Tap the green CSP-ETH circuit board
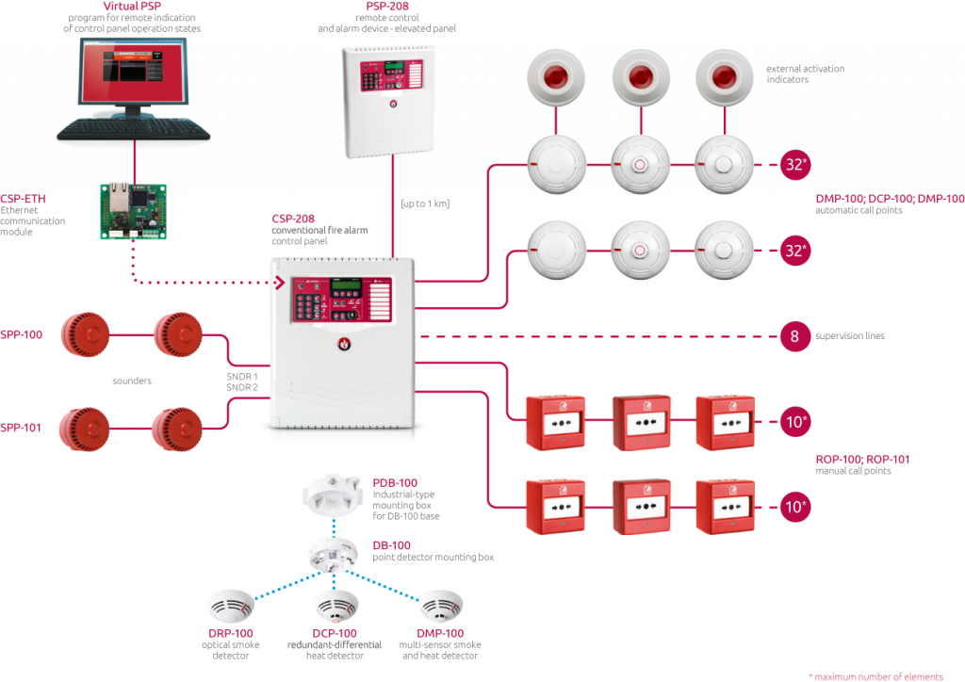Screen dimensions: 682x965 (x=133, y=210)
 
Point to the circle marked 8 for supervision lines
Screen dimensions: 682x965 (x=794, y=336)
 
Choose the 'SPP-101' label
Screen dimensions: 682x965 (x=21, y=428)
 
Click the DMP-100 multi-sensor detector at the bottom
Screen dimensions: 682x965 (x=439, y=605)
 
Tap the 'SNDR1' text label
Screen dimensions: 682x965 (x=242, y=374)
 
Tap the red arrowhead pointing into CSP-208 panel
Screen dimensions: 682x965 (x=279, y=281)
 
